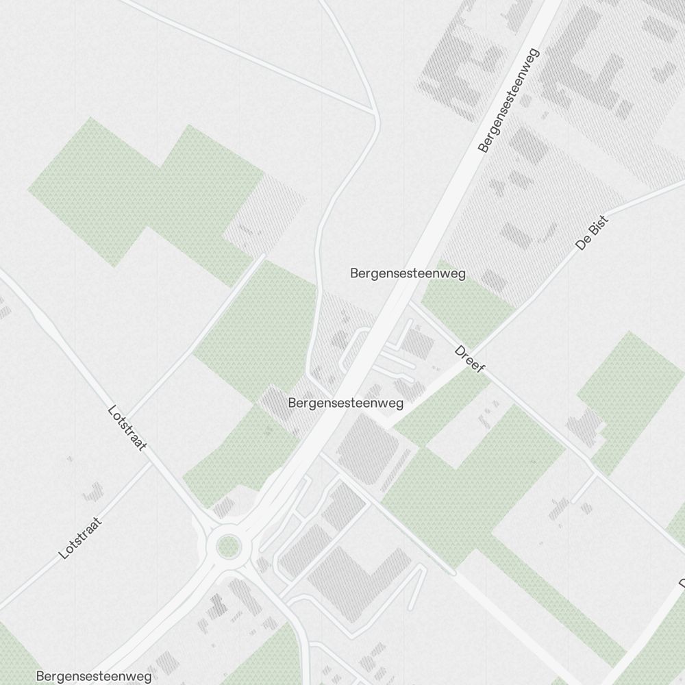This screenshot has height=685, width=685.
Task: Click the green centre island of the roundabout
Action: [228, 547]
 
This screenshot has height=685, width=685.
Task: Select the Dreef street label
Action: [470, 359]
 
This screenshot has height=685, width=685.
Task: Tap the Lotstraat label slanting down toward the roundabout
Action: [127, 428]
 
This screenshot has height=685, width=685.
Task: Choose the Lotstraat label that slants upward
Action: [81, 538]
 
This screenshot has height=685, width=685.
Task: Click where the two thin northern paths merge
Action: [374, 110]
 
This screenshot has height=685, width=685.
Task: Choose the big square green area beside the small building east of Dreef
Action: [630, 390]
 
